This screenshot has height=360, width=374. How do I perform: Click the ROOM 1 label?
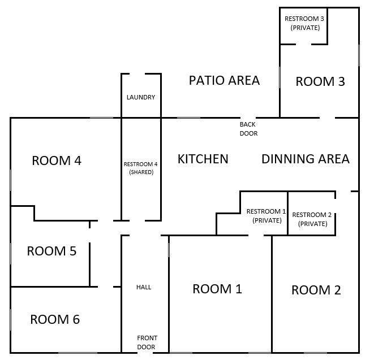pos(217,289)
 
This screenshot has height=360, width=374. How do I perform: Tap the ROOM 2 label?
pos(316,290)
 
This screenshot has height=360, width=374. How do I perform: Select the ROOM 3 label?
pos(320,81)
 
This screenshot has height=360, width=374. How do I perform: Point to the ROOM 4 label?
pos(57,161)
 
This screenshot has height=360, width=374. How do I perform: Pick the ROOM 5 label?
pos(51,250)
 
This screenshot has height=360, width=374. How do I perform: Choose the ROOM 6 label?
pos(55,319)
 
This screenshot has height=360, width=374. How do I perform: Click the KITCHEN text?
pos(203,159)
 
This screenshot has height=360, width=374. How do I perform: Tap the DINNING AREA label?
pos(306,159)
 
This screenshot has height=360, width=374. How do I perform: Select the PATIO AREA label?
pos(224,80)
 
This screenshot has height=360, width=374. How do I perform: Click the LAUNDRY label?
pos(141,97)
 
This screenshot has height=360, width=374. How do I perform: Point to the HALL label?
pos(144,287)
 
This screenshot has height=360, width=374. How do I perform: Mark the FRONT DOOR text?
pos(147,342)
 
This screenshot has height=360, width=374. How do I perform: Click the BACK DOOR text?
pos(248,129)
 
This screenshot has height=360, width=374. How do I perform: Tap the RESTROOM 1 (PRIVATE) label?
pos(266,216)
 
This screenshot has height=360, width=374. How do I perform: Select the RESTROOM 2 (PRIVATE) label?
pos(312,219)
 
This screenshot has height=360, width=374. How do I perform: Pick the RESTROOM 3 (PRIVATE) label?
pos(304,23)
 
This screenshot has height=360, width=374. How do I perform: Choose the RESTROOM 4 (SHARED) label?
pos(141,168)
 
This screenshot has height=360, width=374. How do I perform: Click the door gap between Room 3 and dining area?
pos(328,118)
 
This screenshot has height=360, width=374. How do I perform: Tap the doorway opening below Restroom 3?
pos(304,44)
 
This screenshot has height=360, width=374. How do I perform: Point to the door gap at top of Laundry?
pos(137,74)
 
